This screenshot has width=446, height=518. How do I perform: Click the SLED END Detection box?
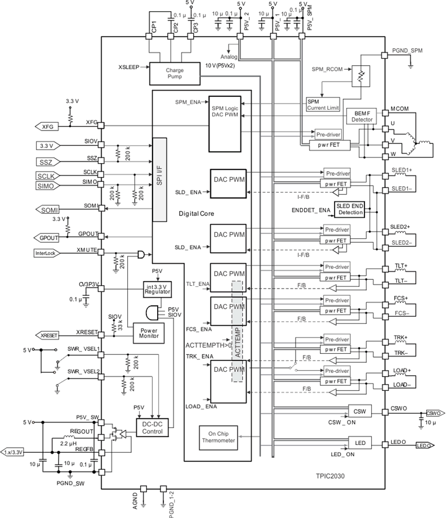[x=349, y=209]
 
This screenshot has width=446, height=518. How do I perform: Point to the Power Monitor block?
[x=145, y=332]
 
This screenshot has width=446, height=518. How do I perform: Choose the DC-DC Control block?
[x=153, y=427]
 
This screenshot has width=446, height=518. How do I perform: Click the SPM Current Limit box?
[x=323, y=104]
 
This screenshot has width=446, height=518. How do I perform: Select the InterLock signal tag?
[x=47, y=253]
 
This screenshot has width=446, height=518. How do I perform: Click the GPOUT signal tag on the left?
[x=48, y=237]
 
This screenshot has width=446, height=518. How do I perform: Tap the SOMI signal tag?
[x=48, y=210]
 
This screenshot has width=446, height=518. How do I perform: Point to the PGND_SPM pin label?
[x=406, y=51]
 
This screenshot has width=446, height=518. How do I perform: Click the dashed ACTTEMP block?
[x=237, y=332]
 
